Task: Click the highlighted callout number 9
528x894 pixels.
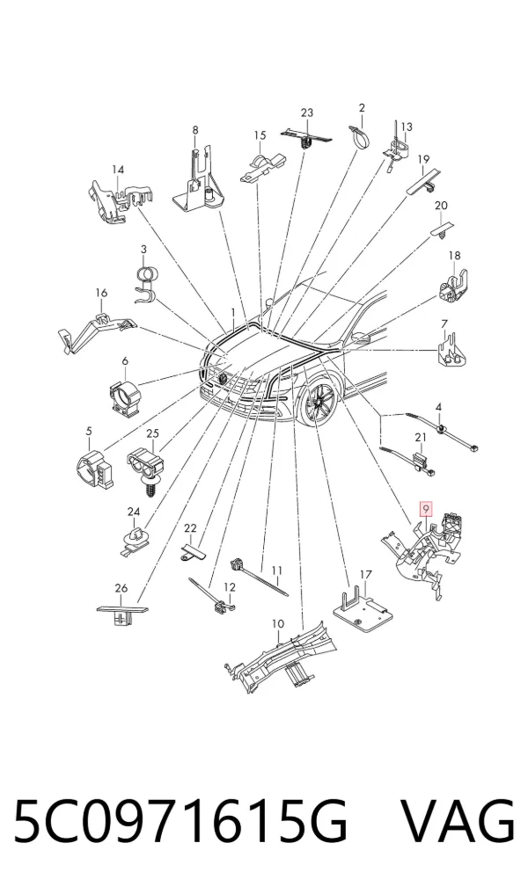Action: click(x=426, y=507)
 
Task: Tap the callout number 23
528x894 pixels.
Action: click(x=307, y=113)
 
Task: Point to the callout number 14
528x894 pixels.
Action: click(x=118, y=170)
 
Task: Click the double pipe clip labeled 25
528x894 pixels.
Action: click(x=145, y=467)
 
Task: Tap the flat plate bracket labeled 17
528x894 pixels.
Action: click(x=363, y=609)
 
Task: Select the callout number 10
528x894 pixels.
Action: click(x=277, y=624)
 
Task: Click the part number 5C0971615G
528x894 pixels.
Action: click(x=180, y=821)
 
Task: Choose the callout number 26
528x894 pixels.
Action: click(x=121, y=588)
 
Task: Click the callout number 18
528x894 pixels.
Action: click(x=454, y=256)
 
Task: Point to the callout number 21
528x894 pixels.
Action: click(x=421, y=437)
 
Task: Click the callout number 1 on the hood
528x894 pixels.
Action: click(x=233, y=312)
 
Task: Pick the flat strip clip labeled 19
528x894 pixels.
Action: click(x=425, y=181)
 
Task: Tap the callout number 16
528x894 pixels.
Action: click(x=101, y=293)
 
